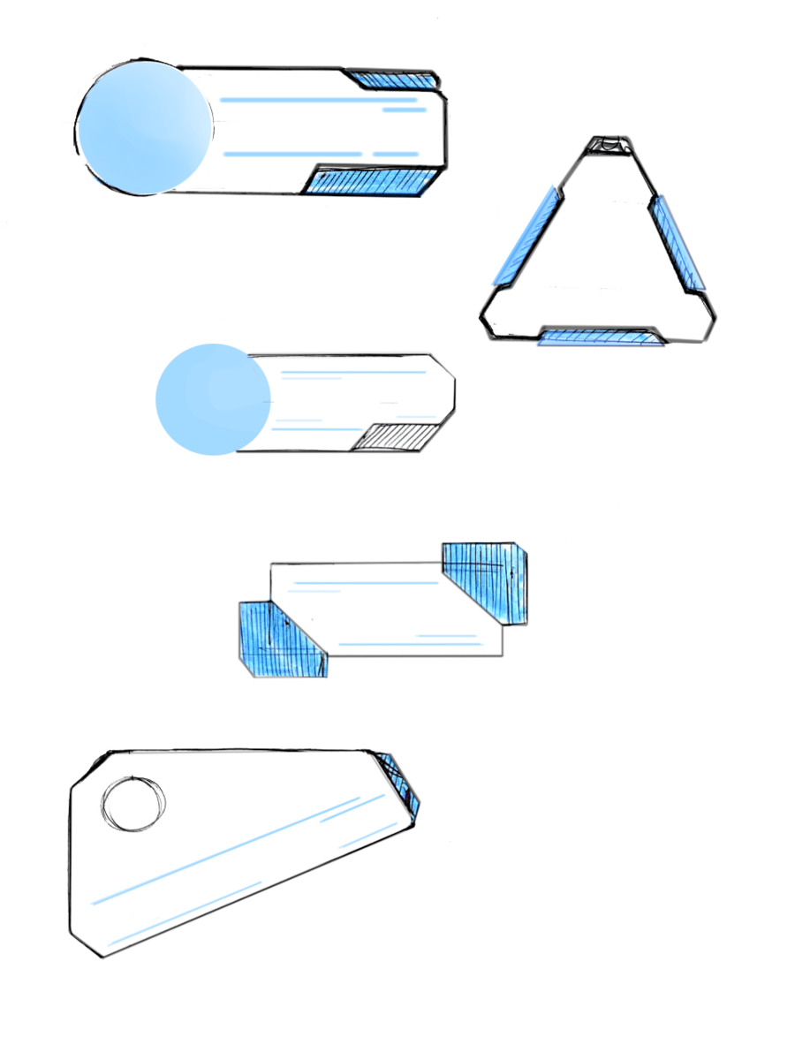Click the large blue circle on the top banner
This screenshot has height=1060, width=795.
coord(144,128)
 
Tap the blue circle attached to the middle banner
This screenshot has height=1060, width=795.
coord(213,399)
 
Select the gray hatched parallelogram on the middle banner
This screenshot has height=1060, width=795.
coord(397,436)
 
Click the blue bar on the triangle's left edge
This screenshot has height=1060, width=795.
coord(525,236)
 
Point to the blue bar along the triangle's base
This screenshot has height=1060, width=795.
coord(601,337)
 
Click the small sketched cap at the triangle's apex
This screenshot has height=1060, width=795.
coord(607,144)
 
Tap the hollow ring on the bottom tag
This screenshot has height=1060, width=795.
coord(133,803)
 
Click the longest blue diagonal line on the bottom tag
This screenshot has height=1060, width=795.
coord(238,849)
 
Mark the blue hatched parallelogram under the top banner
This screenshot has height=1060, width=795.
coord(374,182)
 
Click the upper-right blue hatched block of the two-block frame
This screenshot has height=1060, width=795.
coord(487,579)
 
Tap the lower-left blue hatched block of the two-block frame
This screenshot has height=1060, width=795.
coord(281,640)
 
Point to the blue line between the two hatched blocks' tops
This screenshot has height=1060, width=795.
coord(364,583)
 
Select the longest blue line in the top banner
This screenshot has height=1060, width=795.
coord(318,101)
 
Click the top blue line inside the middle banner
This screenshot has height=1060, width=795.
coord(353,372)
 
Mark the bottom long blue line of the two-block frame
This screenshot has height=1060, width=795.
coord(411,645)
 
